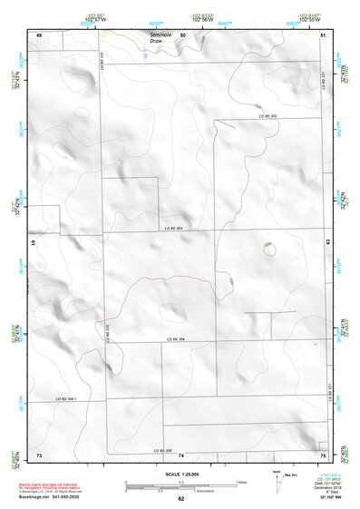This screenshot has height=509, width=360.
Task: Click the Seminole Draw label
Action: [161, 37]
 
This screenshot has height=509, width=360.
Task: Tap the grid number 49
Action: [39, 34]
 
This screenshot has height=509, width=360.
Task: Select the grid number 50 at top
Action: [182, 34]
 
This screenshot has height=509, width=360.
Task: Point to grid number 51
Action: [324, 34]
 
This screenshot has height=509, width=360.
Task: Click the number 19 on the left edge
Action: [33, 244]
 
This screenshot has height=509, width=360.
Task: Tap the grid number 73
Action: [39, 454]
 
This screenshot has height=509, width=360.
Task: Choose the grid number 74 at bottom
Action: [181, 455]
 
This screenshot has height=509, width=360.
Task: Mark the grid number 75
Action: [323, 454]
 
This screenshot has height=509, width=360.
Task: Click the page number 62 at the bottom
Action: [180, 499]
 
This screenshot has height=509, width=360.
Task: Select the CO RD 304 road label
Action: [173, 228]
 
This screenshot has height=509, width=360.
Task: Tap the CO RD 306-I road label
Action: [64, 400]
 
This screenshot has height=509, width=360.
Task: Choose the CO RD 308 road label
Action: [161, 450]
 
